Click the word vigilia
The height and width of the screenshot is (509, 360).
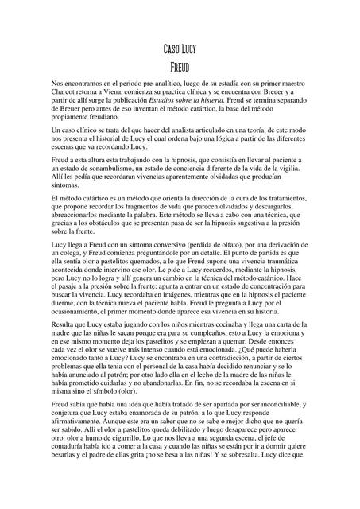click(x=294, y=172)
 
